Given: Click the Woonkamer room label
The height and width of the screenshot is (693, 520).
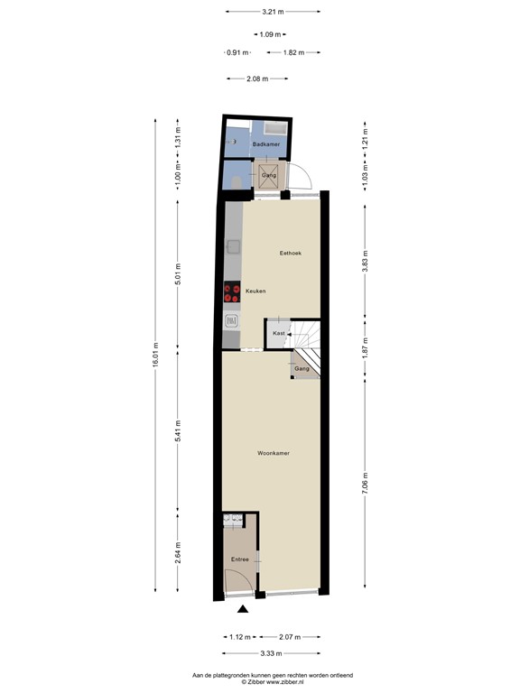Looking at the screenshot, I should point(273,453).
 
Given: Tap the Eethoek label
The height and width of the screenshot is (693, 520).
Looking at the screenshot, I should point(290,254).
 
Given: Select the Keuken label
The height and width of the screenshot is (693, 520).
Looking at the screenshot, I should point(255,291).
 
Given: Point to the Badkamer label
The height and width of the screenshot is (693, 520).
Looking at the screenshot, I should point(265,144).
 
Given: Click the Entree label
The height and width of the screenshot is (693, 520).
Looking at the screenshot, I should point(239,559).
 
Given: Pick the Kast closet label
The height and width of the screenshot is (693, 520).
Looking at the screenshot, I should point(279,334).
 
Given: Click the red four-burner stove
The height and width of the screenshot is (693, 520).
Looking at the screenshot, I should point(232,291).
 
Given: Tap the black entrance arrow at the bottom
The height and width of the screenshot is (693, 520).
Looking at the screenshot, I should point(241,613).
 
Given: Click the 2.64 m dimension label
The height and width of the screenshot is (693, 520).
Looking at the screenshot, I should point(178,552).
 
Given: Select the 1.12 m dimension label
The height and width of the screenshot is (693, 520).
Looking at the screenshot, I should point(239,637).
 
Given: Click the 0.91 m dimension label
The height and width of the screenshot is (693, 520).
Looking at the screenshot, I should point(237,52).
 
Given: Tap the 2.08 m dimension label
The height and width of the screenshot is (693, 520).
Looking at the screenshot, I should point(257,79).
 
